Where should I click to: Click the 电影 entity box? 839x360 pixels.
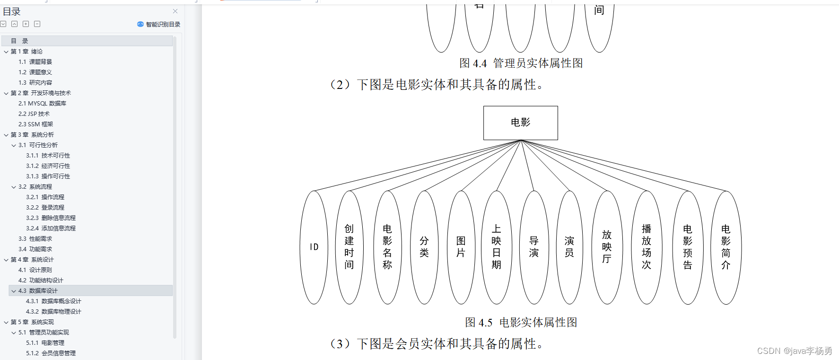point(520,123)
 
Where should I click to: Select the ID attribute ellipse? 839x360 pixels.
point(314,247)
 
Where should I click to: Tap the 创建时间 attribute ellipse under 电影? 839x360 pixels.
point(349,247)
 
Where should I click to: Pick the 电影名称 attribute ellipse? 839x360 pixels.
point(387,247)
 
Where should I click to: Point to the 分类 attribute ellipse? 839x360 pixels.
point(424,247)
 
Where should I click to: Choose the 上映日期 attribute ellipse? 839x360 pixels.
point(496,247)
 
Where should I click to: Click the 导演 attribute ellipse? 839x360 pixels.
point(533,247)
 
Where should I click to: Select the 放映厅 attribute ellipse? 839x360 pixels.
point(607,247)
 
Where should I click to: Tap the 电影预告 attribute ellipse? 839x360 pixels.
point(688,247)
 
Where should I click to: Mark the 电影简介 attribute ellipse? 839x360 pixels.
point(726,247)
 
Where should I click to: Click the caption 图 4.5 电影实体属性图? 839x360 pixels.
point(521,323)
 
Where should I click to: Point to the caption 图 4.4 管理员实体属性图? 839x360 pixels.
point(521,63)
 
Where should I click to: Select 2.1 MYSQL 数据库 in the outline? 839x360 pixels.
point(43,104)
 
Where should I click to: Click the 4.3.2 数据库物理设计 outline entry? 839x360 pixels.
point(53,312)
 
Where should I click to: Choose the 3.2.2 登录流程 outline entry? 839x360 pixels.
point(45,208)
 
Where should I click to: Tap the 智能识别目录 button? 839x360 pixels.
point(159,24)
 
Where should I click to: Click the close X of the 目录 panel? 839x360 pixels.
point(175,11)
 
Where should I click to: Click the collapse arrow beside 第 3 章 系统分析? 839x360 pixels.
point(6,135)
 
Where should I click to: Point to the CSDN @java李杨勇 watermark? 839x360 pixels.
point(795,351)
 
